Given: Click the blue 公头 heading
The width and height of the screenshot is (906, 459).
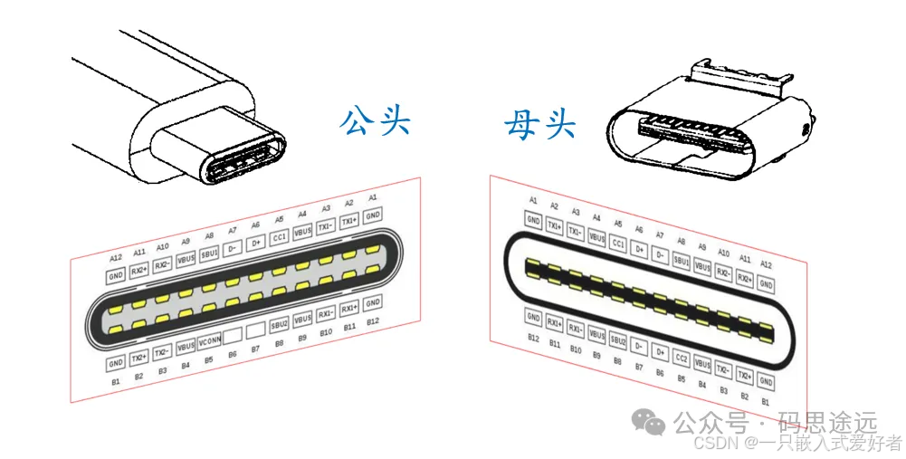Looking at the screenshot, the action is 375,120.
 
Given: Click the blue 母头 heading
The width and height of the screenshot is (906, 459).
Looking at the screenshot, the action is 539,124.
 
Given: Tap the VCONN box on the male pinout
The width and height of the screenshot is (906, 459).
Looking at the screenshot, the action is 210,341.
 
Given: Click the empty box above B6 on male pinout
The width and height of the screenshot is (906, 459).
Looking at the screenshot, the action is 233,336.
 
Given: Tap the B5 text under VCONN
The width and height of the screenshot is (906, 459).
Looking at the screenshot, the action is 209,359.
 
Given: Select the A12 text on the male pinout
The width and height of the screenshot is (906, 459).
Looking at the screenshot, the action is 116,258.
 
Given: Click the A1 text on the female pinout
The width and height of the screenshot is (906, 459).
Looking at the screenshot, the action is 533,199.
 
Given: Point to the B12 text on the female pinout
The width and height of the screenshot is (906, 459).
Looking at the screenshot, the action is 534,337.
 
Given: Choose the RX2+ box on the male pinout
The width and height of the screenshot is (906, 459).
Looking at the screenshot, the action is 138,269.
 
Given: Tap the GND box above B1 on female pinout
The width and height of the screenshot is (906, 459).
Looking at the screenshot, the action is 766,382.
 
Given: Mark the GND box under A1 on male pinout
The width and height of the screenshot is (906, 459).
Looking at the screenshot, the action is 373,213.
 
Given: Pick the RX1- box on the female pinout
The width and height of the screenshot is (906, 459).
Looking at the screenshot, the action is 576,330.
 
